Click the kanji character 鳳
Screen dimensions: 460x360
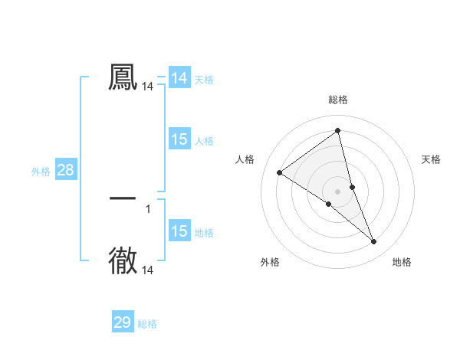123,77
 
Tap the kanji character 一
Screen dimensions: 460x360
123,198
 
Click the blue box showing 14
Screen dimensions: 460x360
179,78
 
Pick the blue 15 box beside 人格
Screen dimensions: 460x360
179,139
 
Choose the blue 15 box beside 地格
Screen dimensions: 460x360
179,232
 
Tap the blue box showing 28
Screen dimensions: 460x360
65,170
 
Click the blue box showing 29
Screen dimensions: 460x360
123,322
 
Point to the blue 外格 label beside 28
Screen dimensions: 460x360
41,172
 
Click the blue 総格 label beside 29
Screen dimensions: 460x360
147,324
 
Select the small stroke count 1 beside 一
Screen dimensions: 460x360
148,208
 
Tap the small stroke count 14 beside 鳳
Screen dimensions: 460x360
148,87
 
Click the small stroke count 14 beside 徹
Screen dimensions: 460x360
148,270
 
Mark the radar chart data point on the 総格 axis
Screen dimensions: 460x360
337,130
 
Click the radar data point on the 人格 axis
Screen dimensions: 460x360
279,172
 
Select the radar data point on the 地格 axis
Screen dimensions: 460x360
374,242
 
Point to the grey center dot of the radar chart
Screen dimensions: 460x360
337,191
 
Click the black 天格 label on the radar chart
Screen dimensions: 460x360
431,159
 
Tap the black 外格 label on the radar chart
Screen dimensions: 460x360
270,262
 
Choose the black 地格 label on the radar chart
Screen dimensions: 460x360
402,262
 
